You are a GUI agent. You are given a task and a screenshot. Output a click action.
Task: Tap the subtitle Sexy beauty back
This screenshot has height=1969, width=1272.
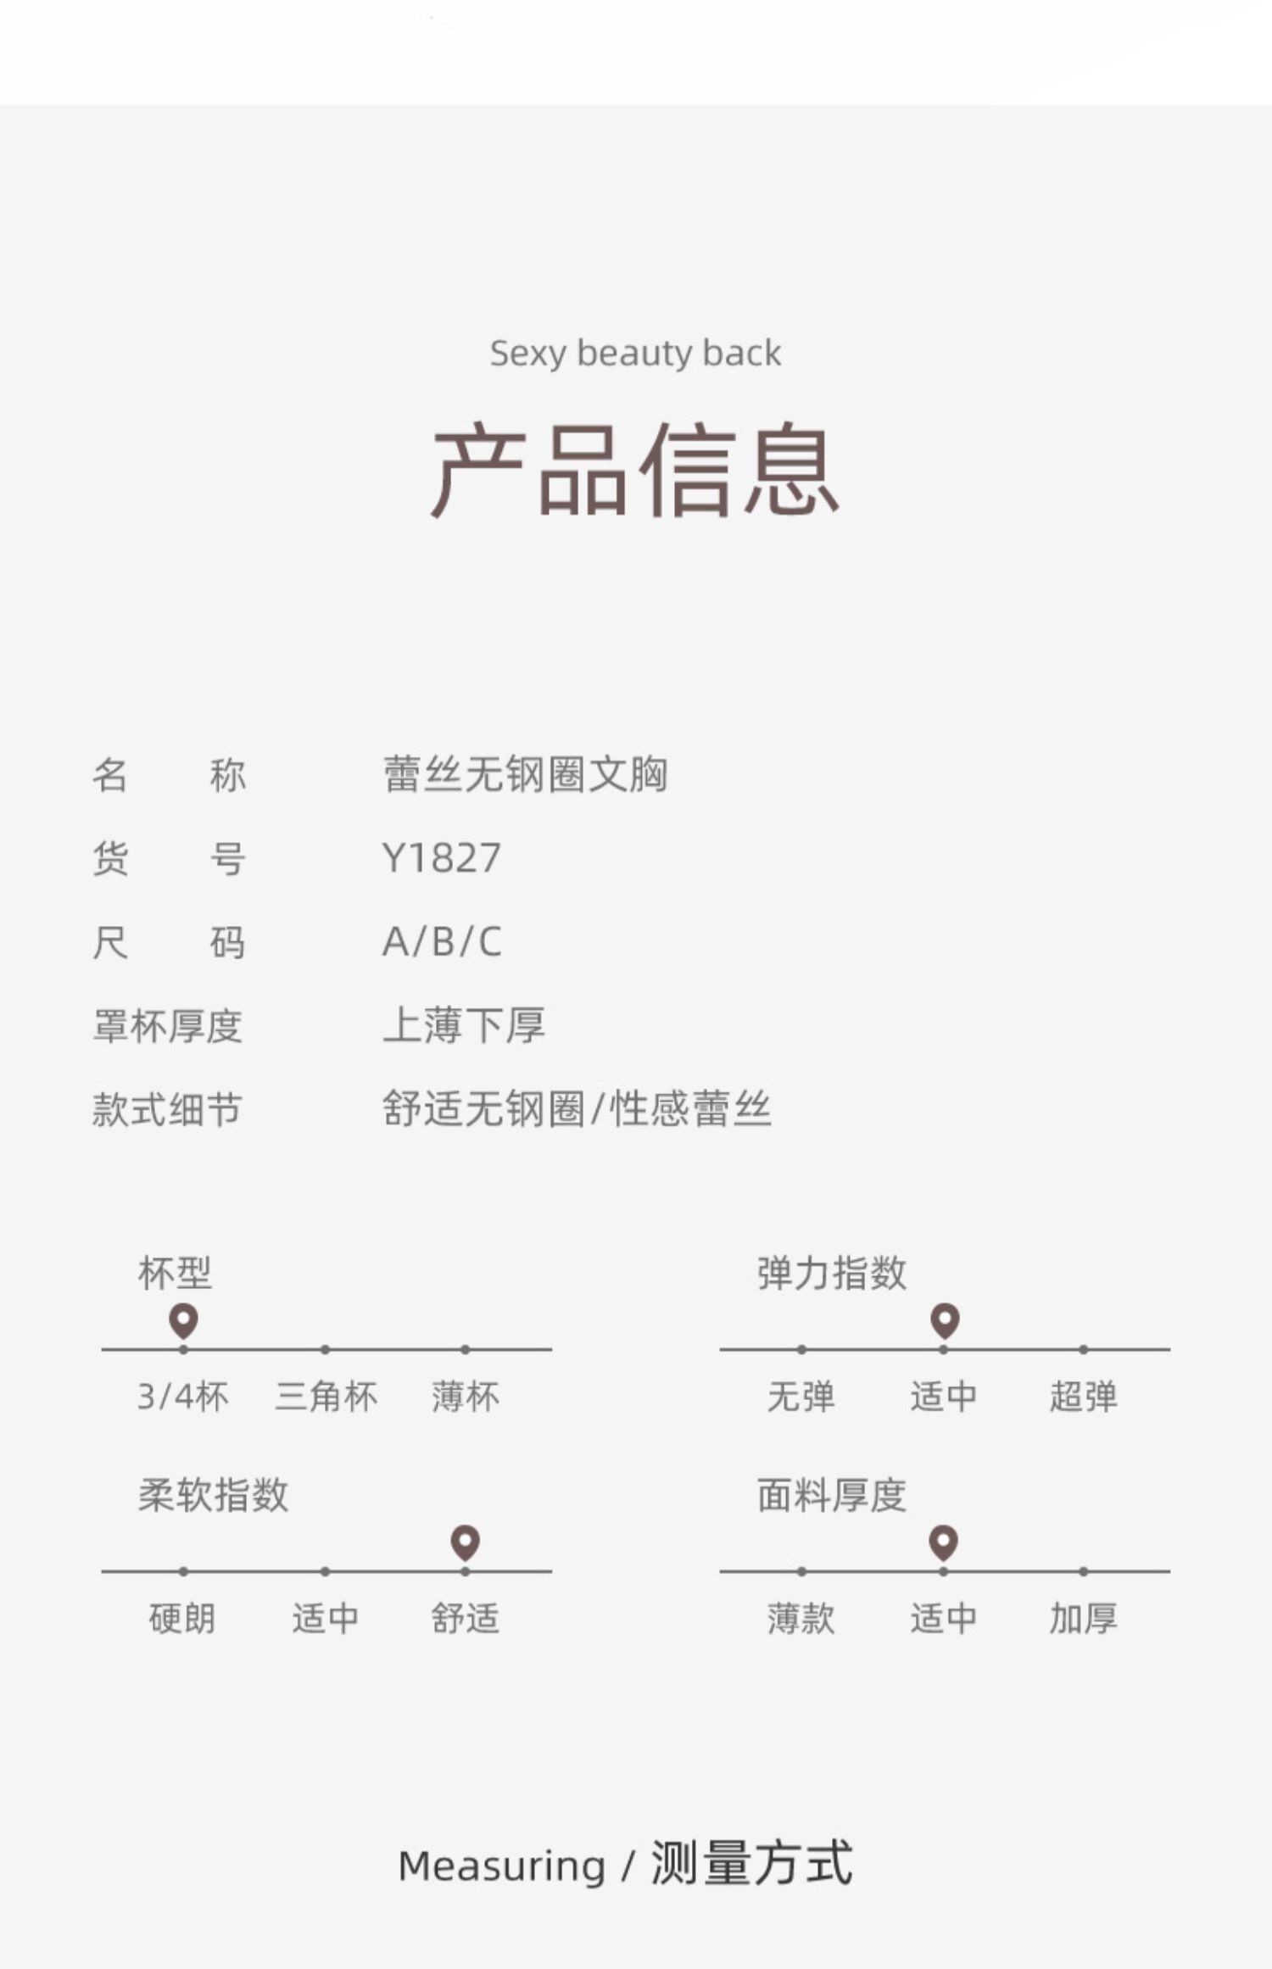635,353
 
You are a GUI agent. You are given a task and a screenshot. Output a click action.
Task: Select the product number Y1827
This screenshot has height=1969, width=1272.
442,858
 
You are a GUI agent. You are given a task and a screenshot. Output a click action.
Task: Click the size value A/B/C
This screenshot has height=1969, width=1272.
442,942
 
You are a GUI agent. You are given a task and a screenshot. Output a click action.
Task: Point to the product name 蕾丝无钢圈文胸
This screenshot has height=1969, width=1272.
525,774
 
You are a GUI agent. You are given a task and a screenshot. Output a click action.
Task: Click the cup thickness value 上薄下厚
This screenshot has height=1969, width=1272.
463,1025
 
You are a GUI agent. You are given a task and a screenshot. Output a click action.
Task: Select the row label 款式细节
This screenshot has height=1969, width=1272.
167,1109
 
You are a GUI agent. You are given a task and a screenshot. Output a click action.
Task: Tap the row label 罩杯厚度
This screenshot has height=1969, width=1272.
167,1026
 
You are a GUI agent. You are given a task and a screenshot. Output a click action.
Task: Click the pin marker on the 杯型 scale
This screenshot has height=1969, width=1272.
183,1320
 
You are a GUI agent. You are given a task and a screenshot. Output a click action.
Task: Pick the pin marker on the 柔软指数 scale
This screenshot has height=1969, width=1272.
466,1542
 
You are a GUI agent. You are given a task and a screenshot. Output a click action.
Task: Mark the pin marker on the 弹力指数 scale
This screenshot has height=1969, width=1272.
945,1320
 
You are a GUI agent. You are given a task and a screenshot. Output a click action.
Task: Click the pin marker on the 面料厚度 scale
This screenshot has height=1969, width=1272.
944,1542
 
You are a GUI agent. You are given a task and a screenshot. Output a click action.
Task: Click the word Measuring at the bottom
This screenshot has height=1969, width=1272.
502,1866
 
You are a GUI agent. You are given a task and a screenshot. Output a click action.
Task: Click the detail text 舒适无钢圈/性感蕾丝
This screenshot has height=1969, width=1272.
577,1109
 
